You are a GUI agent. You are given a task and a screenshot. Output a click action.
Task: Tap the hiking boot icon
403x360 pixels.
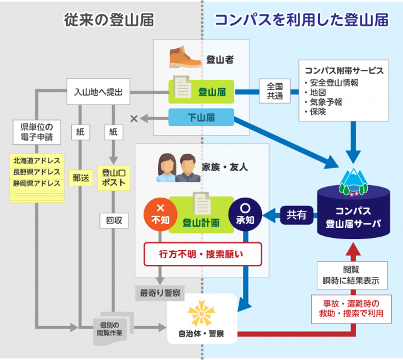point(185,57)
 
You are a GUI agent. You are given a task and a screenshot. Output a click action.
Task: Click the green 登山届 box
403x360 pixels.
point(201,92)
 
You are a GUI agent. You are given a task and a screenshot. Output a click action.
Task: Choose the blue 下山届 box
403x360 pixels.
point(201,117)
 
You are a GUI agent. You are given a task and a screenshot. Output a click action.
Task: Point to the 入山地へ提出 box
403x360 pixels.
point(98,92)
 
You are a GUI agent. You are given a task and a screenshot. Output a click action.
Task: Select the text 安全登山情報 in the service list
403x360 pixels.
point(331,82)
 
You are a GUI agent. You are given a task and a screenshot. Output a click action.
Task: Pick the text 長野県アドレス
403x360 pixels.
point(37,172)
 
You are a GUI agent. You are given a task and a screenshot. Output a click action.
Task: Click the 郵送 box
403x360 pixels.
point(81,178)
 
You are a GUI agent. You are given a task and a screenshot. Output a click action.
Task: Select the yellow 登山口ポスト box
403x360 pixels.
point(114,178)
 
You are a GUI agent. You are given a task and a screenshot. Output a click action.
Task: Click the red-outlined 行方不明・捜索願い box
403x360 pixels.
point(202,255)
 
